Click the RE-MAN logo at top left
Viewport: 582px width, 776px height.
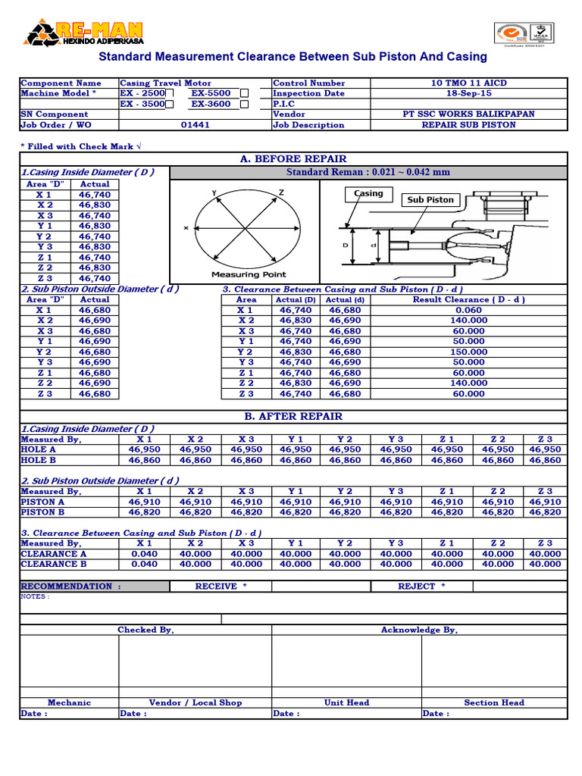[85, 33]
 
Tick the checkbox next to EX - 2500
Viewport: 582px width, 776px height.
[170, 94]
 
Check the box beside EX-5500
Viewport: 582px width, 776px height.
[244, 94]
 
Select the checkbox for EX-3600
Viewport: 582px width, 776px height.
[244, 105]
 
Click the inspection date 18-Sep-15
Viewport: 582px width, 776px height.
[468, 94]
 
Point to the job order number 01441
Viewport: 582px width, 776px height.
[195, 125]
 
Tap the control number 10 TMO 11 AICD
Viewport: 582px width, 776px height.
[468, 83]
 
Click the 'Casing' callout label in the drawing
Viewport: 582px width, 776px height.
[368, 194]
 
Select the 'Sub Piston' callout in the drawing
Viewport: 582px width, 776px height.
[430, 200]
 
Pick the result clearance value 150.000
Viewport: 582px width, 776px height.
[468, 352]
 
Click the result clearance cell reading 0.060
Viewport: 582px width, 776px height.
[468, 310]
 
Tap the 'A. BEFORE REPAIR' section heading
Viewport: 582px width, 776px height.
[293, 159]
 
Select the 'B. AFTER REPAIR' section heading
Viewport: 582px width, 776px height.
[293, 417]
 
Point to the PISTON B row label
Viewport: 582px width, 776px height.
[42, 512]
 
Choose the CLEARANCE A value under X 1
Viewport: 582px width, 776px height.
[144, 554]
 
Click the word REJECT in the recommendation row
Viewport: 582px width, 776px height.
[417, 587]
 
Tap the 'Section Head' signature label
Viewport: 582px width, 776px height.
[494, 702]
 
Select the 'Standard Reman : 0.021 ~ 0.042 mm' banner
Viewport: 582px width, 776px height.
[368, 173]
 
